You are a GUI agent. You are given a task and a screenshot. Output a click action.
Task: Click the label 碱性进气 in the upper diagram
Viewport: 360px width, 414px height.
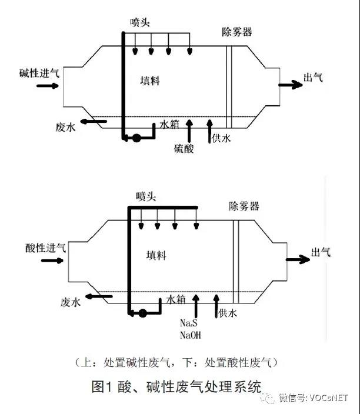(x=39, y=73)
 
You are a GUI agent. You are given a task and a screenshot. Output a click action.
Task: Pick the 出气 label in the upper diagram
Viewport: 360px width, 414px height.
(x=312, y=78)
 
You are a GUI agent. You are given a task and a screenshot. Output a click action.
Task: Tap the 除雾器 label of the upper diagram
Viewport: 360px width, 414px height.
(x=237, y=32)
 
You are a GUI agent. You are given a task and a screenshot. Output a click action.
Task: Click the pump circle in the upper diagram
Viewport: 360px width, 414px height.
(x=136, y=138)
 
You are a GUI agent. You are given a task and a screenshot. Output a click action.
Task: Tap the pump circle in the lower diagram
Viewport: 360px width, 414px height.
(x=142, y=313)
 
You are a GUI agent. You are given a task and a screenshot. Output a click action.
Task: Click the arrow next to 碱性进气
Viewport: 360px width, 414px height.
(x=48, y=86)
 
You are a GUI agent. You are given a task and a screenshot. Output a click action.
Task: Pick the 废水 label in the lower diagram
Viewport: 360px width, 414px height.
(x=70, y=302)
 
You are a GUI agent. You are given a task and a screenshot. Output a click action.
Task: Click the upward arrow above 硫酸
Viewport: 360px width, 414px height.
(x=188, y=129)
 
